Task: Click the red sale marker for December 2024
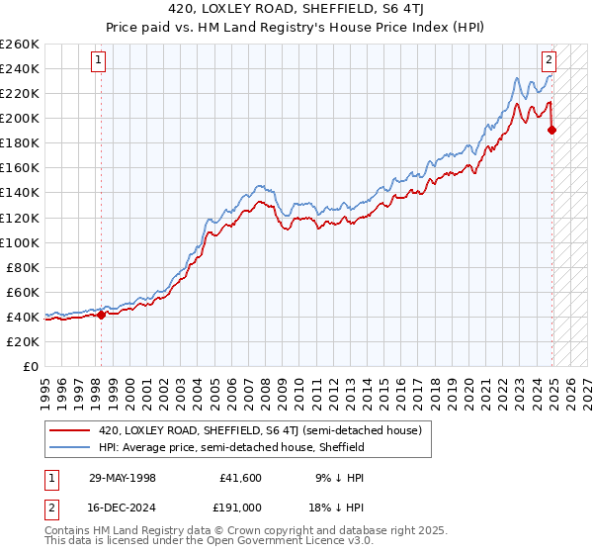[x=551, y=130]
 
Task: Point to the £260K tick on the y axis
[x=20, y=45]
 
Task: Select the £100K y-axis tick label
[x=20, y=242]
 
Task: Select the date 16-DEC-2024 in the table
[x=123, y=507]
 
